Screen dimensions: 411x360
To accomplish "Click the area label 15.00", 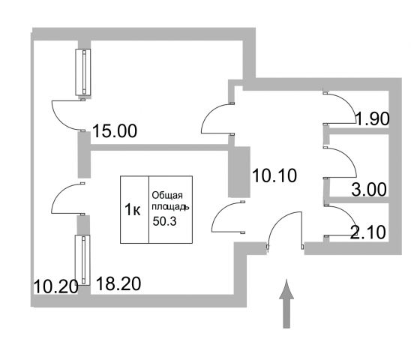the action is (115, 130).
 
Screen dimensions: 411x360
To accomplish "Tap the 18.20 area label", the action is (118, 283).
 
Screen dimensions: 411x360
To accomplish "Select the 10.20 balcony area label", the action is (56, 286).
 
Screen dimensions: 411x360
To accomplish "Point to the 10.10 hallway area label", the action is (274, 175).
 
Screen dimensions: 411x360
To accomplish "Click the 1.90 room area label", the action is (372, 118).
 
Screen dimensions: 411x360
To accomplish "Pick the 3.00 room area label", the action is (369, 189).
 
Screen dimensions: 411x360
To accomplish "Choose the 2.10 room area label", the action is (368, 232).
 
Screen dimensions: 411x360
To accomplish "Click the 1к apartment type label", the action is (132, 210).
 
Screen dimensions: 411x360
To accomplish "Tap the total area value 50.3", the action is (164, 221).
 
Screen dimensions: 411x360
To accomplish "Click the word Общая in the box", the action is (167, 195).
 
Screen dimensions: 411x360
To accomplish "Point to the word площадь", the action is (170, 207).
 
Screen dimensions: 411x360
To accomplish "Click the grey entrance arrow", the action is (286, 304).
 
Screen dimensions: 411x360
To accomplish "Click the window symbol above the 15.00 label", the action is (83, 72).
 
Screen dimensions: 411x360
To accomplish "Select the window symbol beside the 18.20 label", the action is (82, 260).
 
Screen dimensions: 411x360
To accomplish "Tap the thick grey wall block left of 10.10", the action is (238, 172).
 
